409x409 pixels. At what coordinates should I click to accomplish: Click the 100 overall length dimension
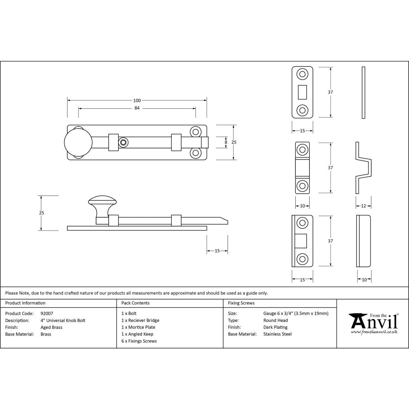pyautogui.click(x=137, y=101)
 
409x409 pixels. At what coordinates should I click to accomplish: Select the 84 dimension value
pyautogui.click(x=137, y=108)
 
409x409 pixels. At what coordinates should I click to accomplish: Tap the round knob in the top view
pyautogui.click(x=78, y=142)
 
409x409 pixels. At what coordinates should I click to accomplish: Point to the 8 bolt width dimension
pyautogui.click(x=225, y=142)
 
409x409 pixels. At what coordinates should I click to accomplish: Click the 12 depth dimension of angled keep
pyautogui.click(x=363, y=206)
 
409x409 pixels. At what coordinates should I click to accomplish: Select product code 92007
pyautogui.click(x=47, y=313)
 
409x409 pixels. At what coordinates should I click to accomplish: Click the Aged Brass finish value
pyautogui.click(x=52, y=327)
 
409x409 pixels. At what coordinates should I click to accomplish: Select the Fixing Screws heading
pyautogui.click(x=241, y=303)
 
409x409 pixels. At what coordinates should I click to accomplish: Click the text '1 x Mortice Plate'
pyautogui.click(x=138, y=327)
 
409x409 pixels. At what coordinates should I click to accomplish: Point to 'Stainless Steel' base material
pyautogui.click(x=277, y=334)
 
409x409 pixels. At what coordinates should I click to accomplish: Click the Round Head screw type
pyautogui.click(x=275, y=320)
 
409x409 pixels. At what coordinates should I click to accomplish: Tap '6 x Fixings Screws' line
pyautogui.click(x=139, y=341)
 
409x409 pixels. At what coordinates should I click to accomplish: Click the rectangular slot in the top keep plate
pyautogui.click(x=303, y=92)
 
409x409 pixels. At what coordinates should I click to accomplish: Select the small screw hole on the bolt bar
pyautogui.click(x=123, y=142)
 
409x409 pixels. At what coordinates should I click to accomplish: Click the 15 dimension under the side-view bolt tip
pyautogui.click(x=217, y=251)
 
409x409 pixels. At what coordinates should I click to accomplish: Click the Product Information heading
pyautogui.click(x=25, y=303)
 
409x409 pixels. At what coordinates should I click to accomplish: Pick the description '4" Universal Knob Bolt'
pyautogui.click(x=63, y=320)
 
